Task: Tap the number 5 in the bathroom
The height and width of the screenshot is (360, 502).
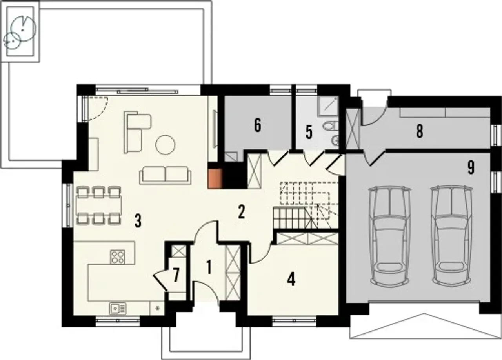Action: tap(309, 132)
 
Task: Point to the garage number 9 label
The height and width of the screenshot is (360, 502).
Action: tap(471, 167)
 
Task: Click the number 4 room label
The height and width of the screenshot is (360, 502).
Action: tap(291, 279)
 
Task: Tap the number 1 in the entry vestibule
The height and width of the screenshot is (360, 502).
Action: tap(209, 267)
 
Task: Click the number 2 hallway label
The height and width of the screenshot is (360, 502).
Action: tap(241, 212)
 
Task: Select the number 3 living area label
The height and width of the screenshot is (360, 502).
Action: tap(138, 221)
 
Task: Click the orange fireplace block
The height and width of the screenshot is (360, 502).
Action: tap(215, 179)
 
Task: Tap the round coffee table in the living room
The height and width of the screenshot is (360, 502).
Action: tap(166, 145)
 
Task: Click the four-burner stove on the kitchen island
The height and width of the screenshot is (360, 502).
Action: tap(117, 256)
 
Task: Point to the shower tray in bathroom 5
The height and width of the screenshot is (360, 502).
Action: tap(329, 105)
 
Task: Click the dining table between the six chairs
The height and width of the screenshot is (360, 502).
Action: tap(99, 205)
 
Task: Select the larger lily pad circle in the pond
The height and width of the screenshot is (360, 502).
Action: tap(23, 28)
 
